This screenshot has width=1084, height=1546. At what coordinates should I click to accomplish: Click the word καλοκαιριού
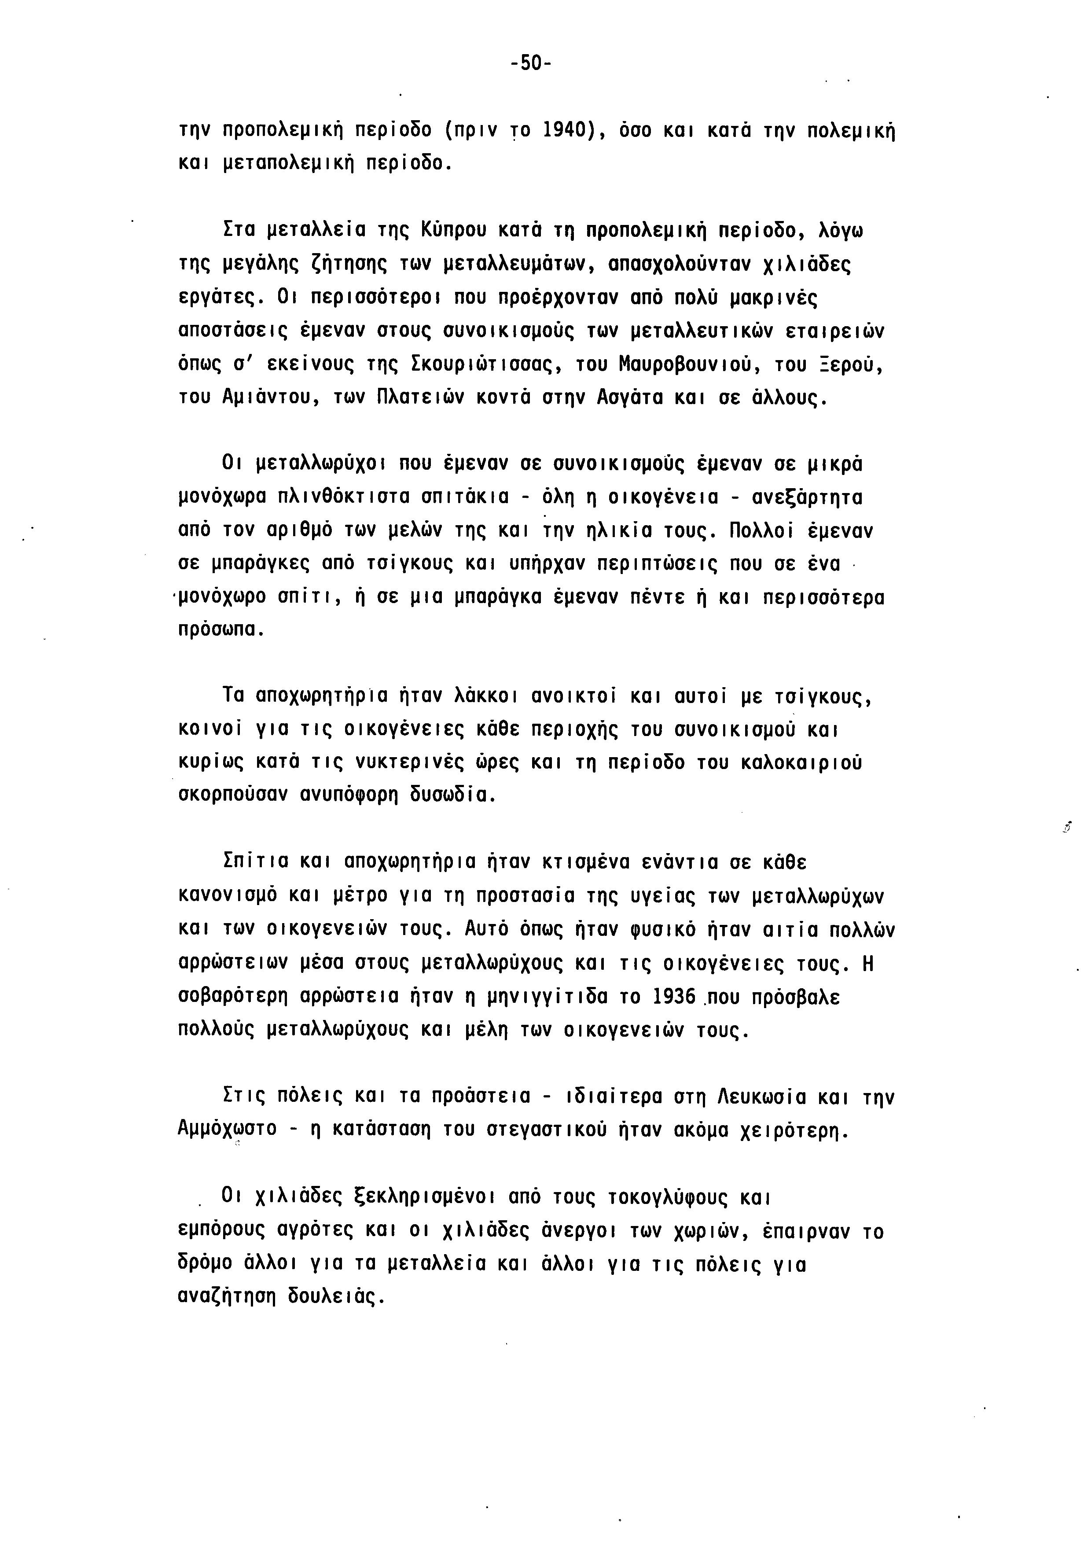point(801,762)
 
